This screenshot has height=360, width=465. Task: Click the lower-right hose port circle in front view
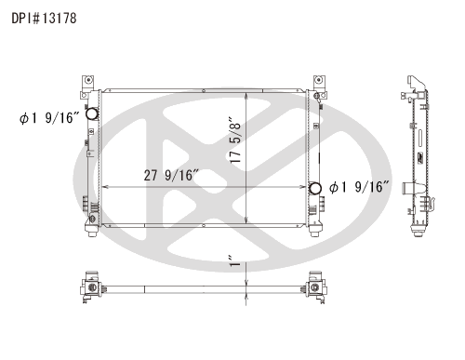click(315, 189)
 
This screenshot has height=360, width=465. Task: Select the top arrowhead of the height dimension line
click(245, 93)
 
